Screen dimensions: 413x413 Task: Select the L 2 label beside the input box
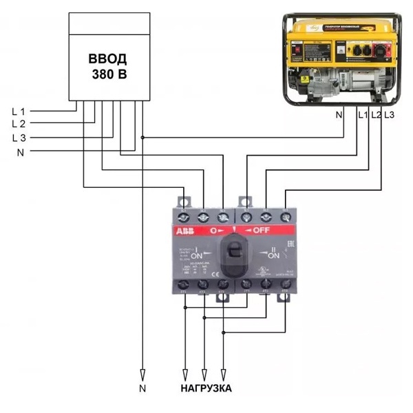click(x=19, y=124)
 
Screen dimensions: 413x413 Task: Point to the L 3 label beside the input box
click(x=19, y=138)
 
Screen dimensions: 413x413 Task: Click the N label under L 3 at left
click(x=21, y=151)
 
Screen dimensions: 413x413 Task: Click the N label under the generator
click(x=339, y=115)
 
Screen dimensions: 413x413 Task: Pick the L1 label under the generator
click(x=363, y=115)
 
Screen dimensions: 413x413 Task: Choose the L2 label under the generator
click(x=376, y=115)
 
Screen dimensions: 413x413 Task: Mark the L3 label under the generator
click(x=389, y=115)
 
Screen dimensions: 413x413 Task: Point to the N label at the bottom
click(x=142, y=389)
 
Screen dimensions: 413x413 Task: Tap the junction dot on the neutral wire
click(x=142, y=138)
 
